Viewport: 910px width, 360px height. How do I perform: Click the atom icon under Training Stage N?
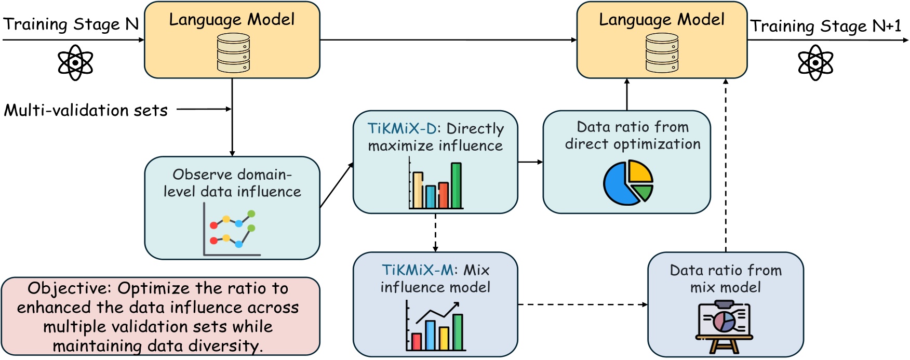(x=75, y=62)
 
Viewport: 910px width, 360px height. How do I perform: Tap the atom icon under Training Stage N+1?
(x=815, y=62)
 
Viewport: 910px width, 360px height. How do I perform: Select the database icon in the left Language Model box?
(x=233, y=53)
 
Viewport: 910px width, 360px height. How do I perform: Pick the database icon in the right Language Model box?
(x=662, y=53)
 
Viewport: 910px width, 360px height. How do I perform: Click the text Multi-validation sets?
(x=86, y=110)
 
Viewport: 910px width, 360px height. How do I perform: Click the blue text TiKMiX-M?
(x=418, y=270)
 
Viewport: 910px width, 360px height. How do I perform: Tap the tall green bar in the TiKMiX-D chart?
(x=456, y=185)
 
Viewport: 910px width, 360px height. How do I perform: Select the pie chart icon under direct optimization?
(x=627, y=182)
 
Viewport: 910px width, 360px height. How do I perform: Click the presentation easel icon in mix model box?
(x=725, y=327)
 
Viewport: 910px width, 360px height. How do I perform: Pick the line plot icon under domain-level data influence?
(x=232, y=230)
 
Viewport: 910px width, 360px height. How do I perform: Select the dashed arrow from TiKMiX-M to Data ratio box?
(x=582, y=304)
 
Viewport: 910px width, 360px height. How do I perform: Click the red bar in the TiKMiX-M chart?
(x=416, y=341)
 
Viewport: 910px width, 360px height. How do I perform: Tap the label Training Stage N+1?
(x=825, y=26)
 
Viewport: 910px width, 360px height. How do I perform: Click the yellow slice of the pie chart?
(x=640, y=171)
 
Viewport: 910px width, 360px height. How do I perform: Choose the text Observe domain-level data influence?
(x=232, y=183)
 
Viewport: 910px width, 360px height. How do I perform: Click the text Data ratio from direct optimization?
(x=633, y=136)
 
